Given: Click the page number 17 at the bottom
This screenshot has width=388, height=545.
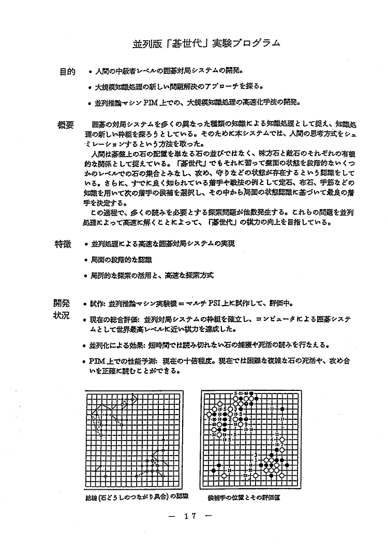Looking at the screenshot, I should [x=188, y=515].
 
